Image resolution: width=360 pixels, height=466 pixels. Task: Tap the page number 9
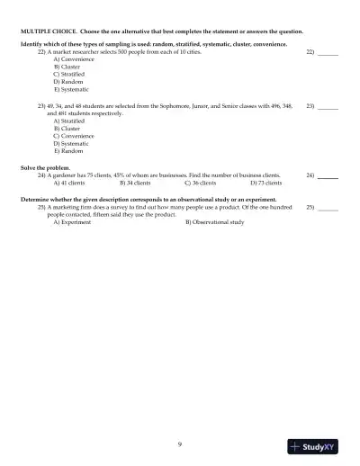(180, 444)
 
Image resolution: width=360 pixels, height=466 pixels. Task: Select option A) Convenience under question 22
(71, 59)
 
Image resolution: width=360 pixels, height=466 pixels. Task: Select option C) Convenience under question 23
(71, 135)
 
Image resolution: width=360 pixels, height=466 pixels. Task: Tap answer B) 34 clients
(135, 183)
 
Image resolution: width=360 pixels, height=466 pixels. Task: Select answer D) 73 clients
(265, 183)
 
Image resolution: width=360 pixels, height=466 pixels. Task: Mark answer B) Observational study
(214, 222)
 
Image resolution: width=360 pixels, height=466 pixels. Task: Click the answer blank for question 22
(328, 53)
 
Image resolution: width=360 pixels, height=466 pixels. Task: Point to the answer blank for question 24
(328, 176)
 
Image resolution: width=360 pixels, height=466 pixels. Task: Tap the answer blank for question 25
(328, 209)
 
